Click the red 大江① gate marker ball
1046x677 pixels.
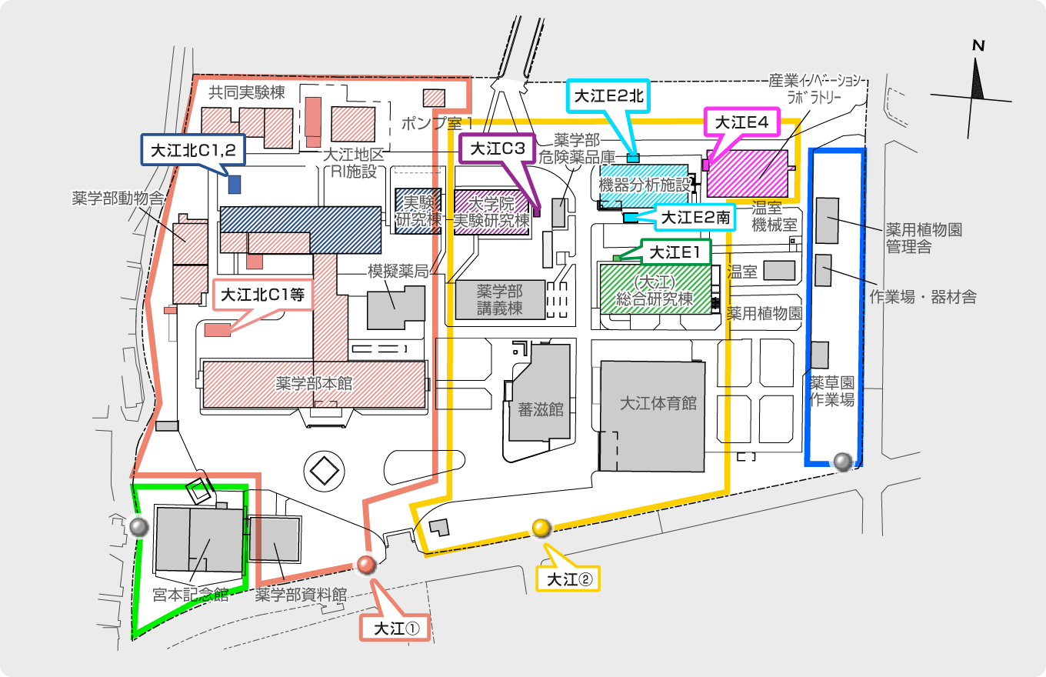click(x=366, y=565)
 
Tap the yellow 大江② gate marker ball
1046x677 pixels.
click(x=541, y=528)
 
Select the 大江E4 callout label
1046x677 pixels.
click(x=742, y=122)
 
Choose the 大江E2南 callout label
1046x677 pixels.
click(x=695, y=218)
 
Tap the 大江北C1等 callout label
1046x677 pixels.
click(x=262, y=295)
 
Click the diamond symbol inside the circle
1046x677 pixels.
click(x=322, y=469)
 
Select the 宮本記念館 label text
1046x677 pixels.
click(x=191, y=594)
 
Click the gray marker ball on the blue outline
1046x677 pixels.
click(x=842, y=461)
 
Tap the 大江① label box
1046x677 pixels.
click(x=397, y=628)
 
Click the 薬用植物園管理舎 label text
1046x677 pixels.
click(x=924, y=238)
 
